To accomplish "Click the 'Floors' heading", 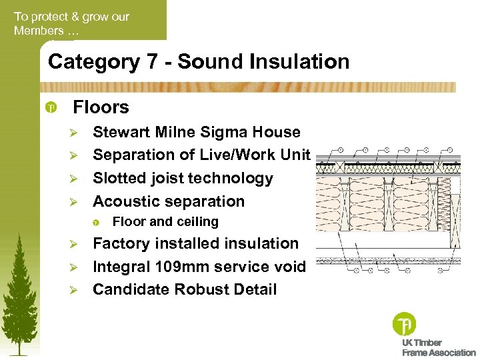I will (x=101, y=107).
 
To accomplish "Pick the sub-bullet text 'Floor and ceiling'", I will (x=165, y=221).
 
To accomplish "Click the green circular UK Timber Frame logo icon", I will (x=404, y=325).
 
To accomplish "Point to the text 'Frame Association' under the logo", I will (x=439, y=353).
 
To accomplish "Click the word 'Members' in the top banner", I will (x=38, y=31).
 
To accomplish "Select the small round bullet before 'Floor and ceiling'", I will (x=97, y=222).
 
